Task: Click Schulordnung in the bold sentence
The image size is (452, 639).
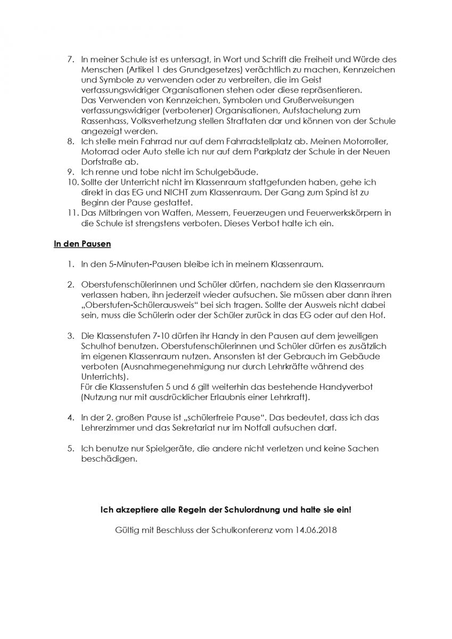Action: tap(243, 510)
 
